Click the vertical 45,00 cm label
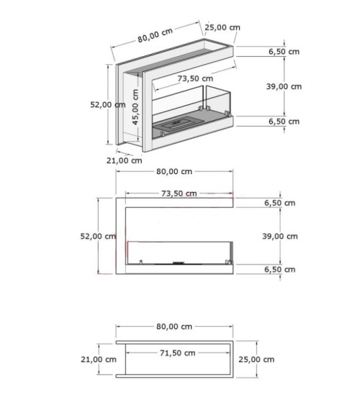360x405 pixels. click(x=135, y=108)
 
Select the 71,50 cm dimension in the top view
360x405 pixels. click(x=176, y=353)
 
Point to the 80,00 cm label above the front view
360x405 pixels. click(x=174, y=171)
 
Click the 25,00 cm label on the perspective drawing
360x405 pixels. click(x=222, y=28)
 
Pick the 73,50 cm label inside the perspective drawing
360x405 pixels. click(x=196, y=78)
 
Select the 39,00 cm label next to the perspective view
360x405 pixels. click(x=284, y=86)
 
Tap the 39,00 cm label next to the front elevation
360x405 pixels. click(x=279, y=236)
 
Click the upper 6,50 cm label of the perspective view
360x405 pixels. click(x=282, y=52)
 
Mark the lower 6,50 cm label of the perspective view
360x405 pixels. click(x=282, y=122)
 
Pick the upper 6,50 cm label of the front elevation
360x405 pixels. click(x=279, y=203)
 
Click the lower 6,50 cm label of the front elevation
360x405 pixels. click(x=279, y=269)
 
